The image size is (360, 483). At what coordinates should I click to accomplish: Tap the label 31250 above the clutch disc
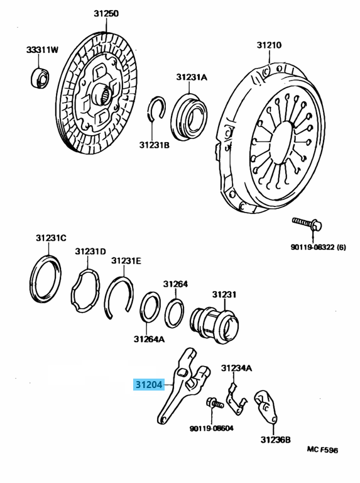click(x=106, y=13)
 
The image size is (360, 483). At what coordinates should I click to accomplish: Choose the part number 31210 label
click(x=268, y=45)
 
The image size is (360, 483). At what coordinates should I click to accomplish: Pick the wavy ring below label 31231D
click(x=87, y=290)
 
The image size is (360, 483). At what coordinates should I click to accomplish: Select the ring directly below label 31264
click(x=174, y=313)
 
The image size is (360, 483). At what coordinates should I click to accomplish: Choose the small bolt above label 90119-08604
click(x=215, y=404)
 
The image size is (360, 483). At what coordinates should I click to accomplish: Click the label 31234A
click(x=236, y=367)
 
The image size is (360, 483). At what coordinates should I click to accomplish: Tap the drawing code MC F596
click(x=322, y=450)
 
